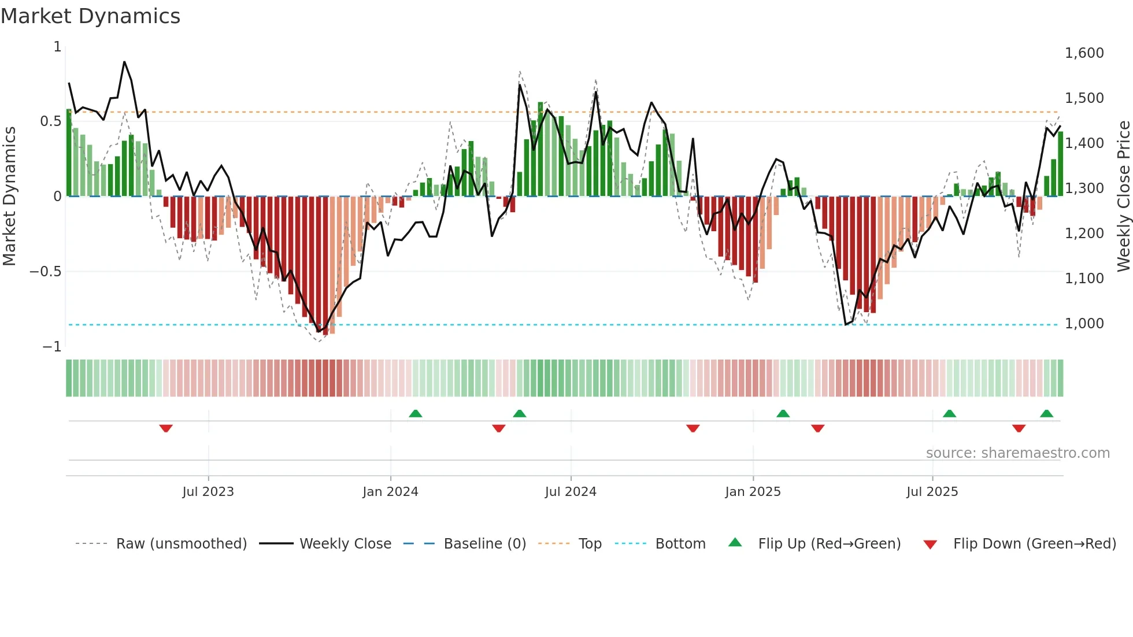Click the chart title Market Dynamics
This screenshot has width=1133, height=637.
(x=90, y=16)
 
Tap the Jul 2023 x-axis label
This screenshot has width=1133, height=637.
(x=208, y=492)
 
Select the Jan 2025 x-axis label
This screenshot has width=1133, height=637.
(x=753, y=492)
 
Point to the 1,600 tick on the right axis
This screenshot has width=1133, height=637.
(x=1084, y=53)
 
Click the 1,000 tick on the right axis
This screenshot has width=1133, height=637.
(x=1084, y=324)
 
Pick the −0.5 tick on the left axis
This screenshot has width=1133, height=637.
(x=45, y=272)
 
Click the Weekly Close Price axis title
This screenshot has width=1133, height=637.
(x=1123, y=196)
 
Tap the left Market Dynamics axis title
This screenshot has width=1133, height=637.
(x=9, y=196)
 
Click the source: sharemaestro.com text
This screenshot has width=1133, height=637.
(x=1017, y=453)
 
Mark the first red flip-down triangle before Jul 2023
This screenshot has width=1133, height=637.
(x=166, y=428)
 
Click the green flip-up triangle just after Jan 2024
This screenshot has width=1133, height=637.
(x=415, y=413)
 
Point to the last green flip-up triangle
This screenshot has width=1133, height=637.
(x=1046, y=413)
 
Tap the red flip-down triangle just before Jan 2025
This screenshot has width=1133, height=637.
(x=693, y=428)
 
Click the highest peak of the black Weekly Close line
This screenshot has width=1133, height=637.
(x=124, y=62)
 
